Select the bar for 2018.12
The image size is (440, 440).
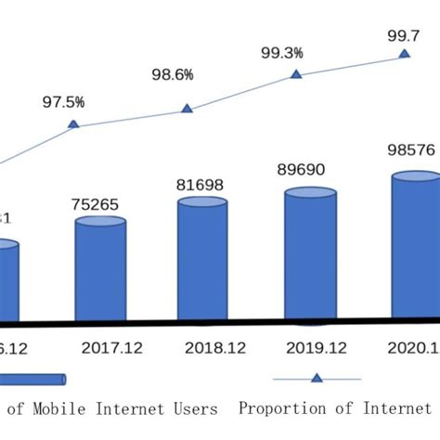[202, 260]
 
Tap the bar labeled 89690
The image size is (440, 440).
[310, 255]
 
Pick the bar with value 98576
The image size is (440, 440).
[414, 246]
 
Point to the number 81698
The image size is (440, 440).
[202, 185]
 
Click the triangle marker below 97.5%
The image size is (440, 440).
[73, 124]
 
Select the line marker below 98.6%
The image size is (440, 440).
[187, 110]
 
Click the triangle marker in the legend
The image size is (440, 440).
[317, 379]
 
